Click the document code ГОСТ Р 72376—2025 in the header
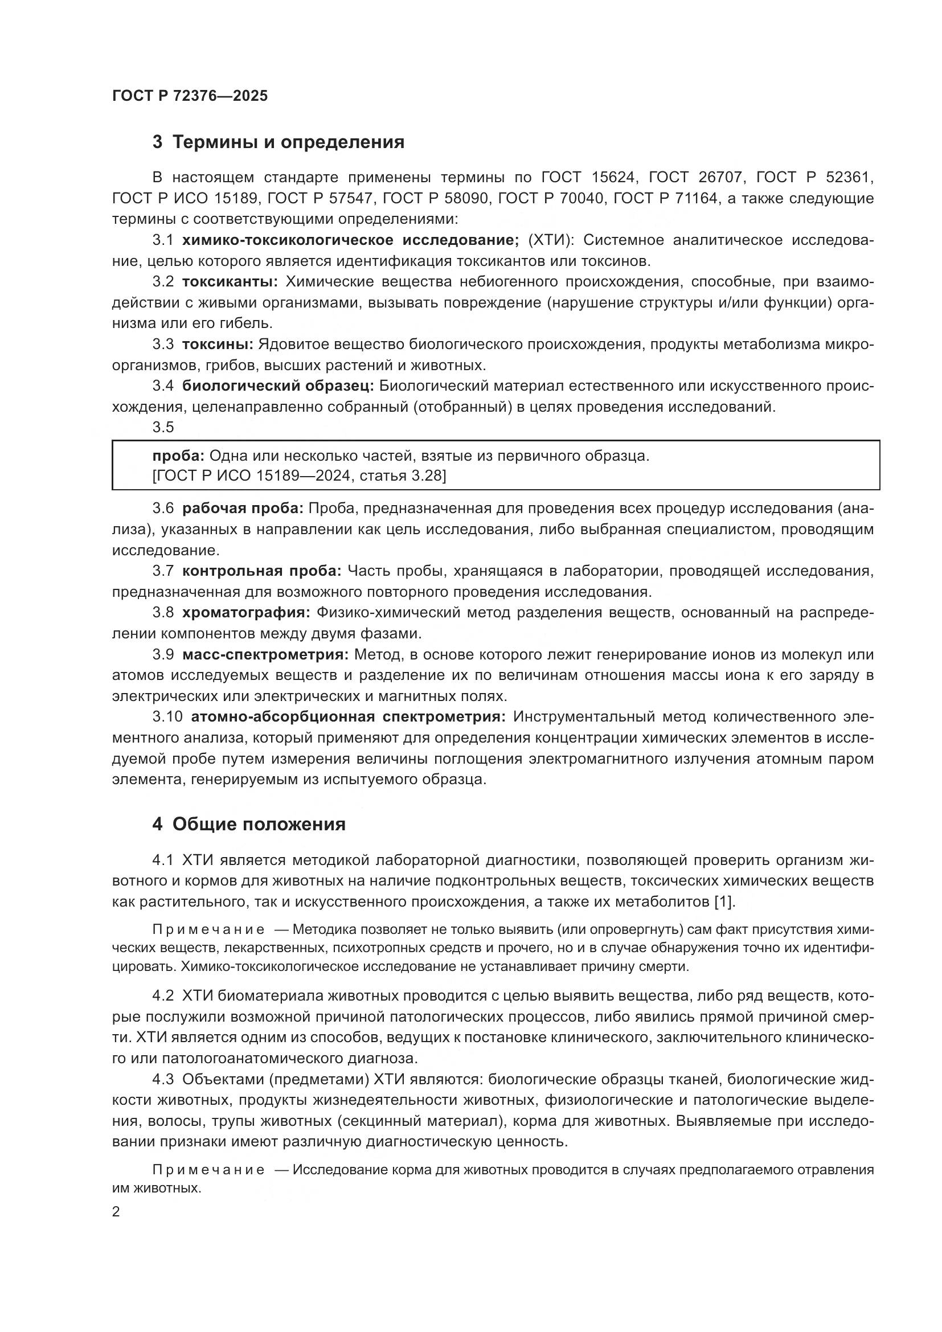[190, 96]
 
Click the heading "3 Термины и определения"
[278, 142]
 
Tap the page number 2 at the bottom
[116, 1212]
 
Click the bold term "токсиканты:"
[230, 282]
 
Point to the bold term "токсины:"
[218, 345]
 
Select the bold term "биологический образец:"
[278, 386]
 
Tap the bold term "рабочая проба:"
[243, 509]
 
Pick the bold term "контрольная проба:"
[262, 571]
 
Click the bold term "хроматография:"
[247, 613]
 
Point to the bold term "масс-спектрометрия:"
[265, 655]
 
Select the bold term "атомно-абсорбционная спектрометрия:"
[348, 717]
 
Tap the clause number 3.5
[163, 427]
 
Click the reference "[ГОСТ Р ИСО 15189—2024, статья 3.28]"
[299, 476]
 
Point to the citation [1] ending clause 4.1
[724, 901]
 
